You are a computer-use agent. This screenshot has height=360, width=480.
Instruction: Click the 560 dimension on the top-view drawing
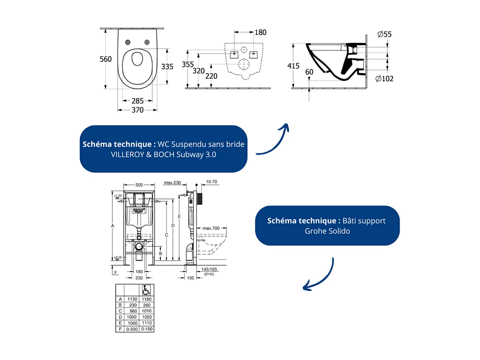coord(106,59)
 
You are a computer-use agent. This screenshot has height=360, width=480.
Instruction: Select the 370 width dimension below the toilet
coord(138,110)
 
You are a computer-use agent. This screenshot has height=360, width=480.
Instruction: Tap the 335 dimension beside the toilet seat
coord(167,66)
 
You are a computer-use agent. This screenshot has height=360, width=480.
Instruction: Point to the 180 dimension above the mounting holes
coord(260,32)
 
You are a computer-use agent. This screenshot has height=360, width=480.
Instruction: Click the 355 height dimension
coord(188,65)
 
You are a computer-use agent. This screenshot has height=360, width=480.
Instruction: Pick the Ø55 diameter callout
coord(384,34)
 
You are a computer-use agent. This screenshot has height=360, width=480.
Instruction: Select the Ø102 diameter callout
coord(384,78)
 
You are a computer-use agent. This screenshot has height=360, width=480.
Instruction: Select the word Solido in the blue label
coord(339,231)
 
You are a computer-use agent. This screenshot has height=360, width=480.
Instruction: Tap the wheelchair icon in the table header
coord(146,289)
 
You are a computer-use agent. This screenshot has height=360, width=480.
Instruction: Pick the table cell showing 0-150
coord(146,329)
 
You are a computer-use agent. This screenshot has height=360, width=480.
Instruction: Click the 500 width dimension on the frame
coord(138,185)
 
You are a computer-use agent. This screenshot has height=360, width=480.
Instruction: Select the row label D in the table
coord(120,317)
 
